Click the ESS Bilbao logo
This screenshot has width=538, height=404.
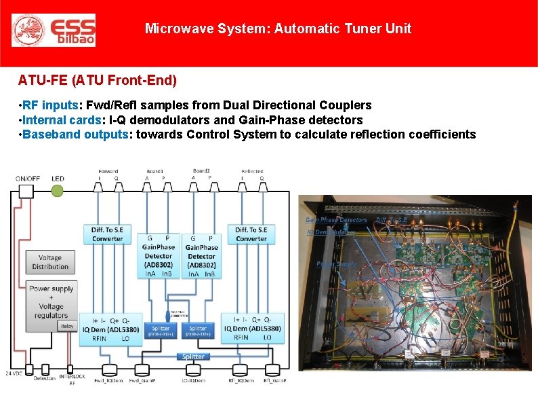pyautogui.click(x=54, y=31)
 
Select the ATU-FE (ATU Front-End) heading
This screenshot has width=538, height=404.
pyautogui.click(x=97, y=81)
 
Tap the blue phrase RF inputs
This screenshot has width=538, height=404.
pyautogui.click(x=51, y=105)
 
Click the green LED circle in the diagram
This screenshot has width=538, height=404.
pyautogui.click(x=58, y=191)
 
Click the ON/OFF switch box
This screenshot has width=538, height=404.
pyautogui.click(x=27, y=191)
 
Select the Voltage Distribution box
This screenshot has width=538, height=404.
pyautogui.click(x=50, y=262)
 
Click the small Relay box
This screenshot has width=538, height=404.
pyautogui.click(x=67, y=326)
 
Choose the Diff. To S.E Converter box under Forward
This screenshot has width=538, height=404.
pyautogui.click(x=107, y=234)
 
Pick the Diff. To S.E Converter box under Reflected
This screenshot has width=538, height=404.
pyautogui.click(x=251, y=234)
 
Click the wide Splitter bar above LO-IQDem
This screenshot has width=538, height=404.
pyautogui.click(x=193, y=356)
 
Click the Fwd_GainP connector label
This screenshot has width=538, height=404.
pyautogui.click(x=141, y=381)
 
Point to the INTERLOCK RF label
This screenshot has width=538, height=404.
pyautogui.click(x=73, y=378)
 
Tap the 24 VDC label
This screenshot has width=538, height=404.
pyautogui.click(x=14, y=373)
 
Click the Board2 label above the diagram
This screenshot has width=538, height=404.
pyautogui.click(x=201, y=170)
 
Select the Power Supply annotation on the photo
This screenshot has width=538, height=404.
pyautogui.click(x=335, y=263)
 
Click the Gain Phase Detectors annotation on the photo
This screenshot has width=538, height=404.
pyautogui.click(x=336, y=219)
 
